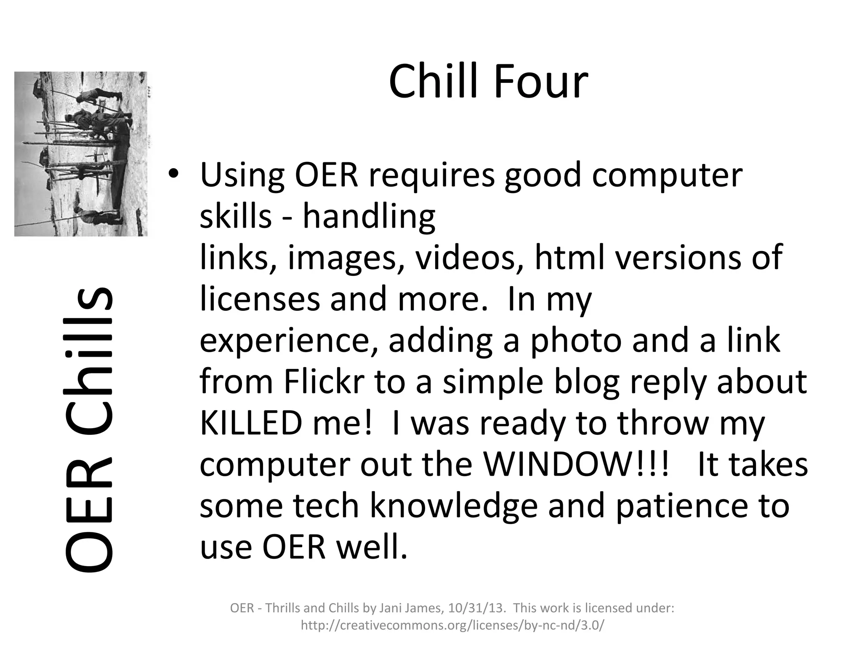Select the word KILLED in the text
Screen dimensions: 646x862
coord(251,423)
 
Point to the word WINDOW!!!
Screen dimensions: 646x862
coord(576,464)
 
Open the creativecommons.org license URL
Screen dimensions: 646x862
coord(452,625)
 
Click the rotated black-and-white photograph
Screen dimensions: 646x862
coord(81,154)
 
